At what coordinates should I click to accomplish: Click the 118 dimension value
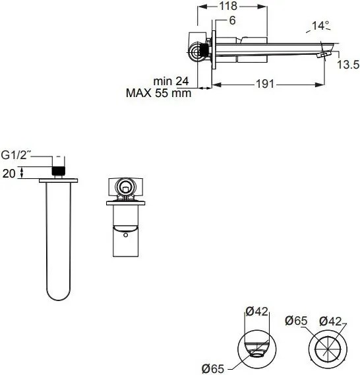pyautogui.click(x=228, y=6)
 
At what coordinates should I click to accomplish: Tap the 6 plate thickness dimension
pyautogui.click(x=233, y=20)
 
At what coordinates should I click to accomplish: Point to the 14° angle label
pyautogui.click(x=320, y=26)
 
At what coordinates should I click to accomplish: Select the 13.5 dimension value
pyautogui.click(x=348, y=65)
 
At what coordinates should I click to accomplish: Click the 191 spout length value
pyautogui.click(x=265, y=84)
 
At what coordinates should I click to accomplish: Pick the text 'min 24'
pyautogui.click(x=171, y=81)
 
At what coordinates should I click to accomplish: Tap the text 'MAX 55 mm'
pyautogui.click(x=158, y=93)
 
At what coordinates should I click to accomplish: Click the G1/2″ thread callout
pyautogui.click(x=16, y=155)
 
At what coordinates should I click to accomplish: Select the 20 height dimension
pyautogui.click(x=9, y=174)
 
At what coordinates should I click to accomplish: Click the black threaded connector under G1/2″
pyautogui.click(x=58, y=171)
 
